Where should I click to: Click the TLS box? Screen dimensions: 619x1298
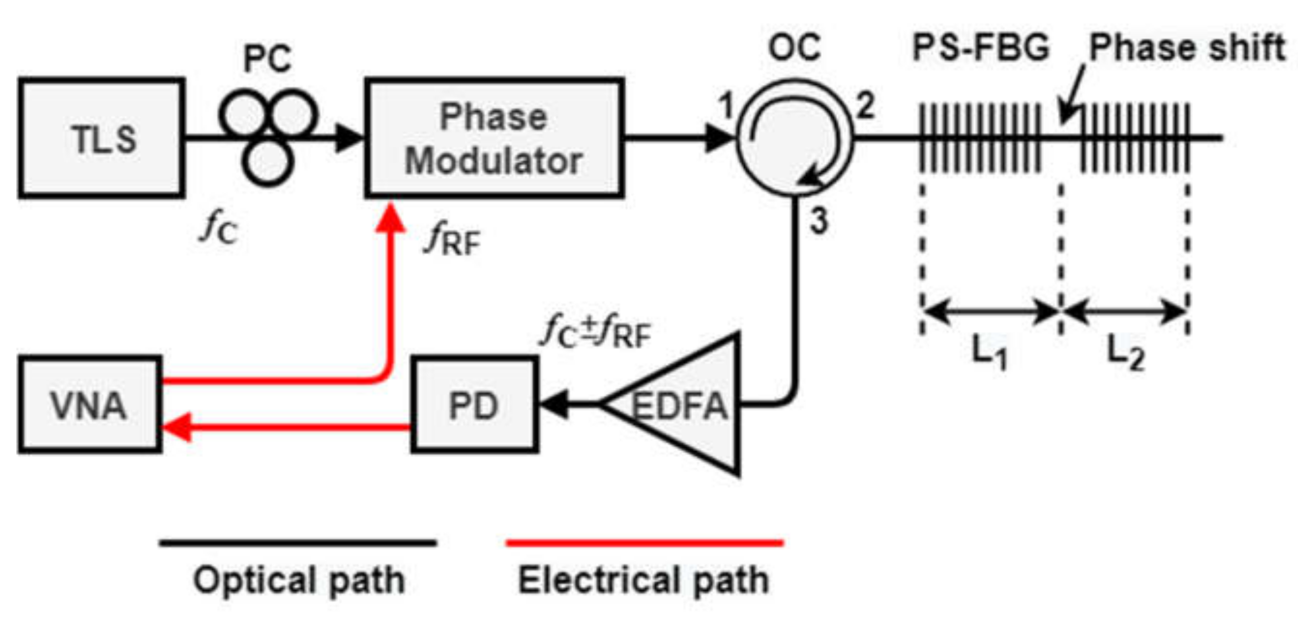tap(101, 138)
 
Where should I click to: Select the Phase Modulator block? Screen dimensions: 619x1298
tap(494, 138)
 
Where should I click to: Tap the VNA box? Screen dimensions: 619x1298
tap(89, 405)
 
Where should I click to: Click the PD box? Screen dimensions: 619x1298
tap(474, 405)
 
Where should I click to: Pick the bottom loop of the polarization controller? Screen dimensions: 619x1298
tap(267, 162)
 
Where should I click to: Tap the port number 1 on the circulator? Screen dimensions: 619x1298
tap(726, 106)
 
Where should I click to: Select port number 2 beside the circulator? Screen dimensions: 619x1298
tap(865, 106)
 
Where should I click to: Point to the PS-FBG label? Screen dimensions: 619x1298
tap(981, 48)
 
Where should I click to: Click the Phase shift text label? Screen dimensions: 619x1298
tap(1187, 48)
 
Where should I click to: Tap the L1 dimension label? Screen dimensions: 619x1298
tap(989, 353)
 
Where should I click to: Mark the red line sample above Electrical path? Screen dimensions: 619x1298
tap(645, 543)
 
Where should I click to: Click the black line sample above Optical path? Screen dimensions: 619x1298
tap(298, 543)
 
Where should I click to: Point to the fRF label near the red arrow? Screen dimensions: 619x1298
tap(453, 241)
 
